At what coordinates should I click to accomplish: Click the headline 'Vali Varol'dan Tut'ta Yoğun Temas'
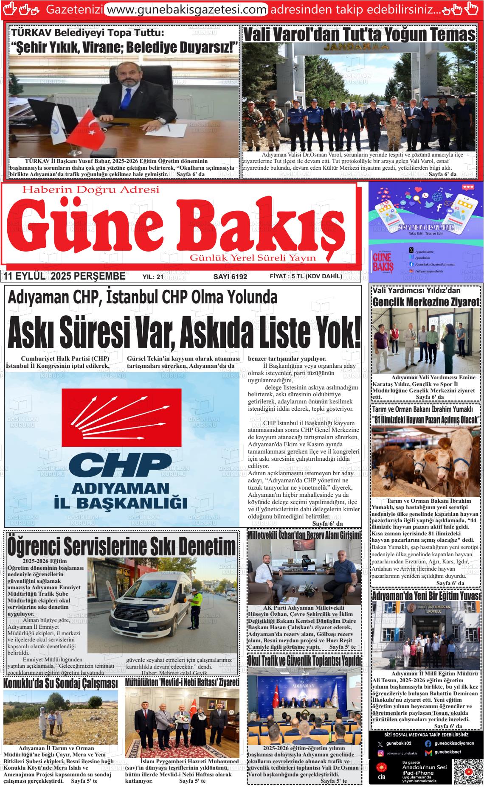(x=359, y=34)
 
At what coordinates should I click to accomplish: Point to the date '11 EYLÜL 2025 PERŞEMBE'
(x=64, y=277)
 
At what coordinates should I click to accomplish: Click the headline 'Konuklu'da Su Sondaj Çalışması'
(x=60, y=683)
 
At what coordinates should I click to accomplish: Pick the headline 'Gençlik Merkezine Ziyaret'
(x=426, y=302)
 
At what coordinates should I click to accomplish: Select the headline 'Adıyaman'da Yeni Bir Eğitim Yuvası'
(x=426, y=596)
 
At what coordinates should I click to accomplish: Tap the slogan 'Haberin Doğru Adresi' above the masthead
(x=90, y=190)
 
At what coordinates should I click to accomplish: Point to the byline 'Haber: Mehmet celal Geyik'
(x=174, y=673)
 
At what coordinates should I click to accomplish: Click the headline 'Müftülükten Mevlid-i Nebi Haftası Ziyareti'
(x=182, y=683)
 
